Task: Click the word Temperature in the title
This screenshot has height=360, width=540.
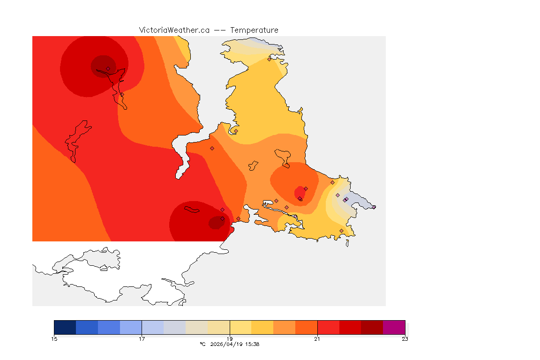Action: pos(254,30)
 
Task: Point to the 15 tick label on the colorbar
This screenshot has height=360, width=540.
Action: pos(54,339)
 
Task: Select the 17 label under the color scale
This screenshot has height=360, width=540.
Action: pos(142,339)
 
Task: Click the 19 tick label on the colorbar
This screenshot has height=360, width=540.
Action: pos(230,339)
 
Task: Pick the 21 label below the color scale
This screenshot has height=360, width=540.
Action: pos(317,339)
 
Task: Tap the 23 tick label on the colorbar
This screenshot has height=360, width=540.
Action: pos(405,339)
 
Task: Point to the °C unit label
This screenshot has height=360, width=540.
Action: pos(202,344)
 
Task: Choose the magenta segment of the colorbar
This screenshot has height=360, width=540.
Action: pos(394,327)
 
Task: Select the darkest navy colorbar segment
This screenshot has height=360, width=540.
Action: pos(65,327)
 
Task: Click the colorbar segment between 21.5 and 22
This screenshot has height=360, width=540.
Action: pos(350,327)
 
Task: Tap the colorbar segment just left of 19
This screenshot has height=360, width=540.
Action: pos(218,327)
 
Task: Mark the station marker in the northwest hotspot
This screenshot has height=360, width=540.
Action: pos(108,68)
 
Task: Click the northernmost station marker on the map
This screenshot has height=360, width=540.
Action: pos(269,59)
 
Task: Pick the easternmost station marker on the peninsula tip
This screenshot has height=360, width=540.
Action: pos(374,207)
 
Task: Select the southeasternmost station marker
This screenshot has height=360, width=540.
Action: pos(341,231)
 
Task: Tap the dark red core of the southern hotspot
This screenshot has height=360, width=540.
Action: pos(216,223)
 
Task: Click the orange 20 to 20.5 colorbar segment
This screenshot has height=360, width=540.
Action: pos(285,327)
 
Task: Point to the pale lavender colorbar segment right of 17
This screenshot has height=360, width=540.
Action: pos(153,327)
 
